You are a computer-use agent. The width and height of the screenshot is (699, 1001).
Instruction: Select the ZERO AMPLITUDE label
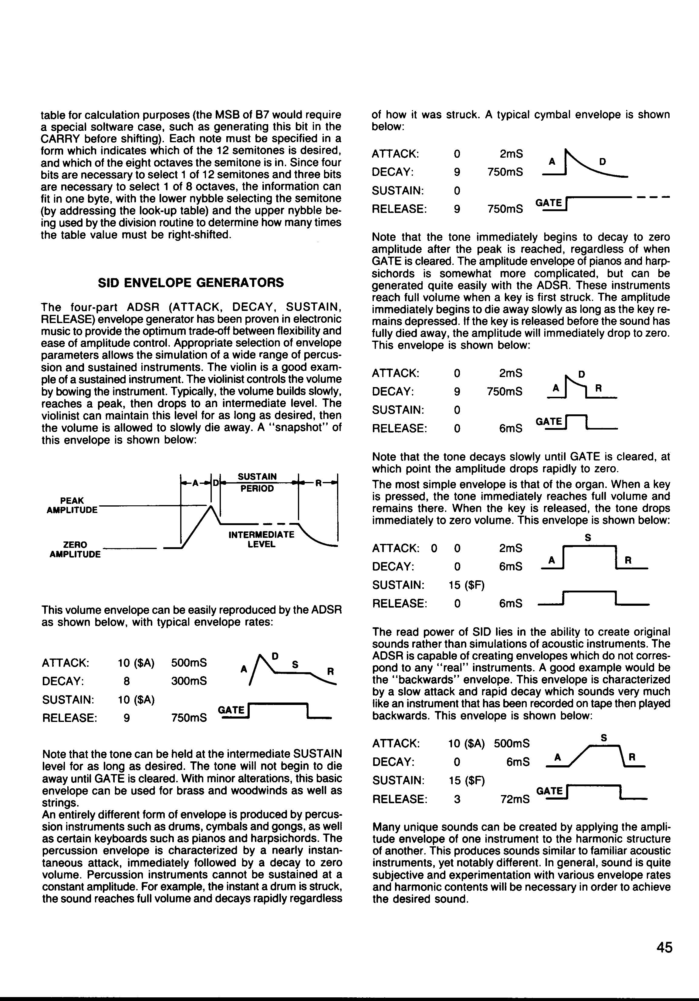click(75, 549)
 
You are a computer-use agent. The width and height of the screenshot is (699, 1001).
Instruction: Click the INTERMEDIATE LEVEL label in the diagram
click(261, 539)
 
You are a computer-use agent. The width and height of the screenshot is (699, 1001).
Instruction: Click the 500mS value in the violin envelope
click(189, 663)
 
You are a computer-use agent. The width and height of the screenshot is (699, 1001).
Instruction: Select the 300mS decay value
click(189, 681)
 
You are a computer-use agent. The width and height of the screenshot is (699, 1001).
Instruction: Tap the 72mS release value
click(515, 800)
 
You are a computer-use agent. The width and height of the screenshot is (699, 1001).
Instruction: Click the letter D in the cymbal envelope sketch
click(602, 162)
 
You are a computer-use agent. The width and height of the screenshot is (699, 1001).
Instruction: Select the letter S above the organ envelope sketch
click(588, 538)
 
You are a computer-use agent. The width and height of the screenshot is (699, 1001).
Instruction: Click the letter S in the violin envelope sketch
click(295, 665)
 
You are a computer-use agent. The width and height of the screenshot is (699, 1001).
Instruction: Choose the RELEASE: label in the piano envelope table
click(399, 429)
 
